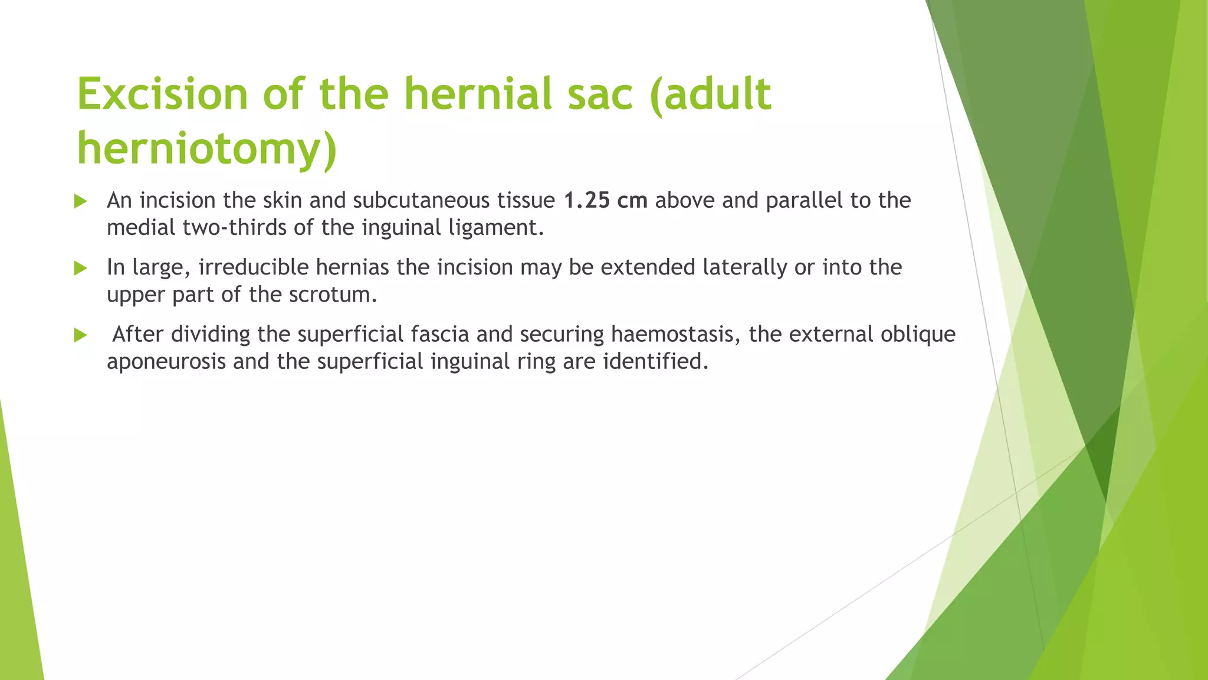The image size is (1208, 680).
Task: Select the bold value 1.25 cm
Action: click(606, 201)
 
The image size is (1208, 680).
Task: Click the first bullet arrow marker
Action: click(81, 202)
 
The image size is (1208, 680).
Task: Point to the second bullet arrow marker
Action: click(81, 269)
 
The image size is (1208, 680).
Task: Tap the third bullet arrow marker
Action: click(81, 335)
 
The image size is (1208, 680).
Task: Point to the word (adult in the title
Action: click(710, 94)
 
